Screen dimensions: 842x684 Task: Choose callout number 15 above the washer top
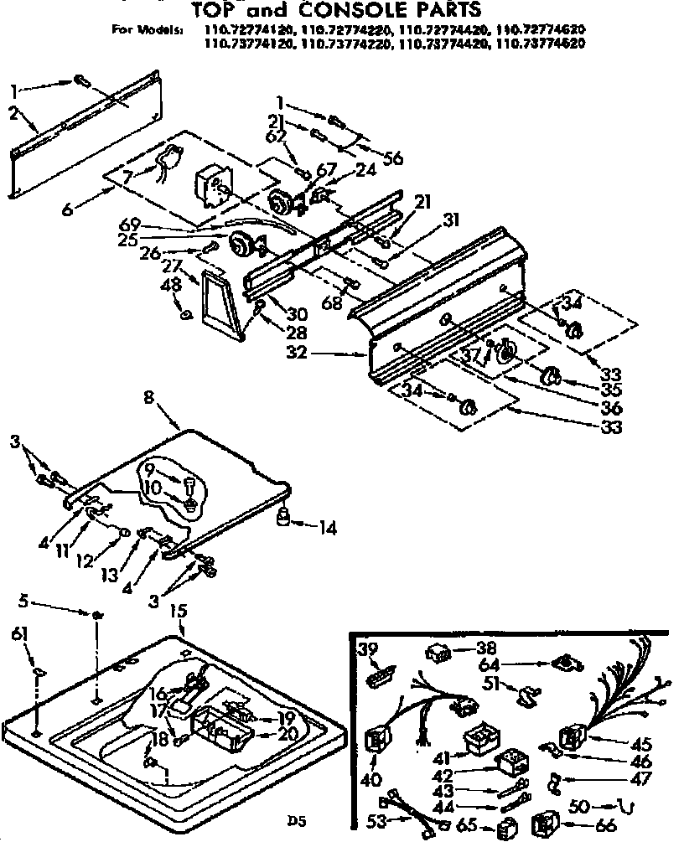(178, 613)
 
